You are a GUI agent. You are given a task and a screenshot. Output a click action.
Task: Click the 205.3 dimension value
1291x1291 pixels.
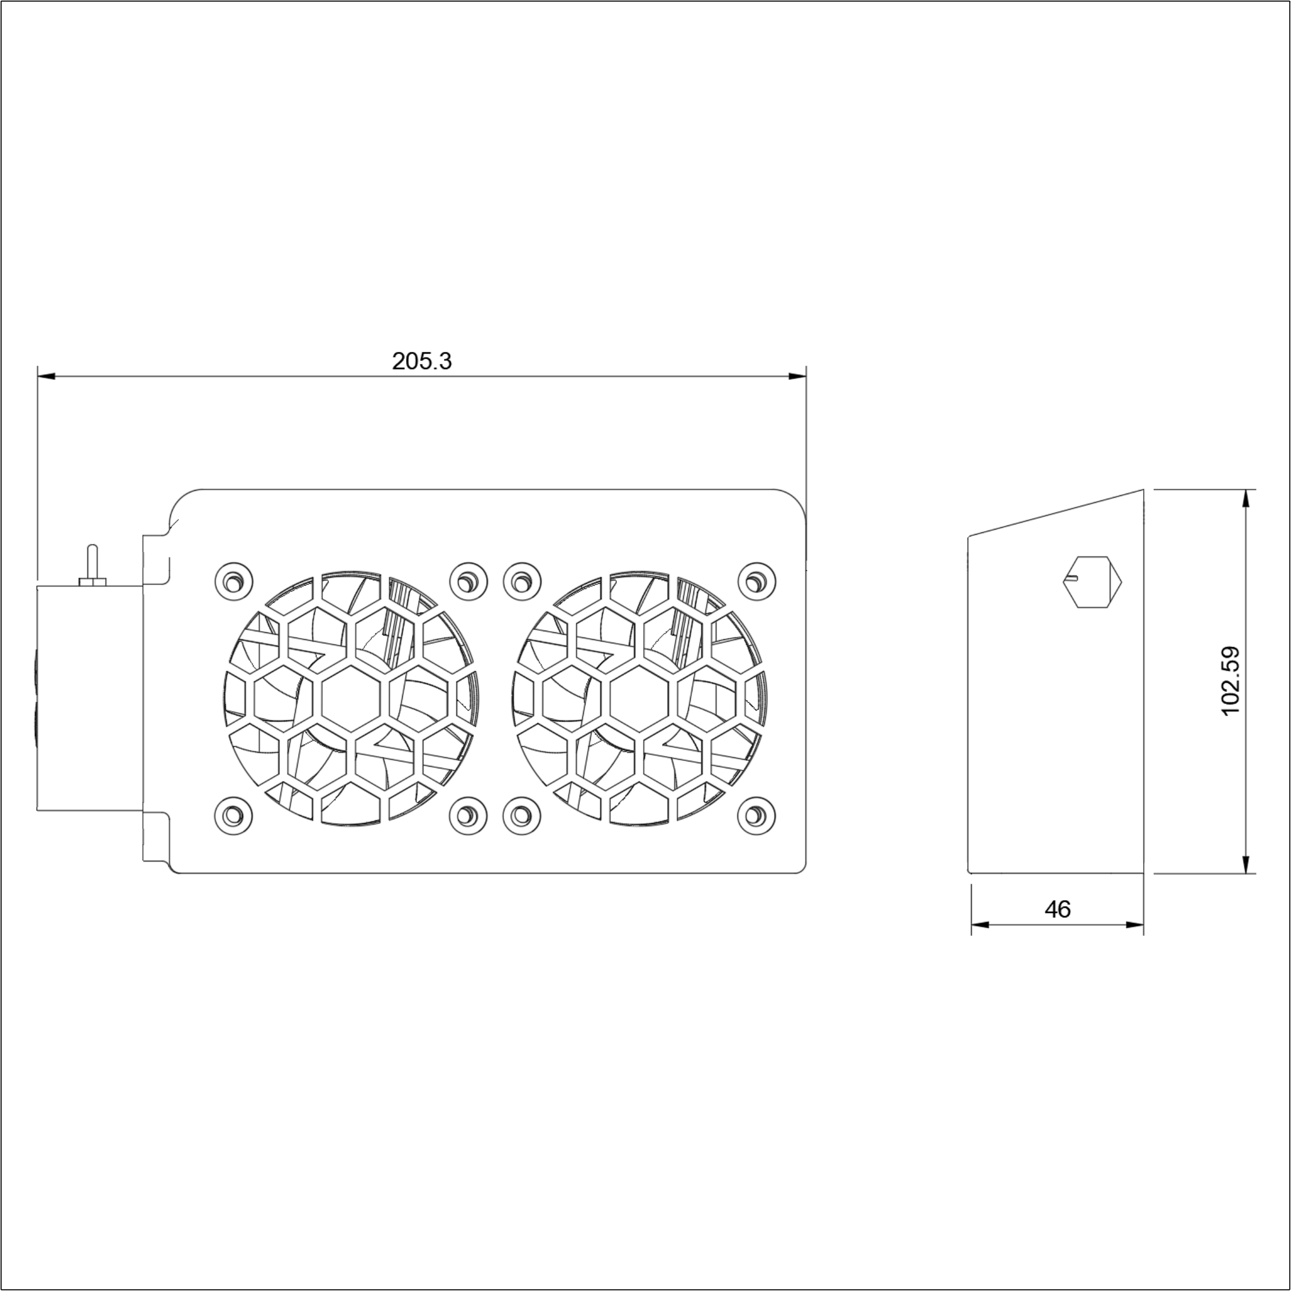(x=422, y=362)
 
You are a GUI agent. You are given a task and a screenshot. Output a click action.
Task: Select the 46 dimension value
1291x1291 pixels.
(x=1057, y=909)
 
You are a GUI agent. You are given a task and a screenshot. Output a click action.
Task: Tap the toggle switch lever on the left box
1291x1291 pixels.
(x=93, y=563)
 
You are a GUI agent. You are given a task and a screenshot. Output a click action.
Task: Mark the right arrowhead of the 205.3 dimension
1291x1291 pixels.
(x=798, y=377)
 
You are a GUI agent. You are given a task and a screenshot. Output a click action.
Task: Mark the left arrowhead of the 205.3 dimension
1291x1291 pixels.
(x=46, y=377)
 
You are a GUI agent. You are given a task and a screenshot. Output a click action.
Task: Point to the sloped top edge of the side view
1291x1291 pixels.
(x=1056, y=512)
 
